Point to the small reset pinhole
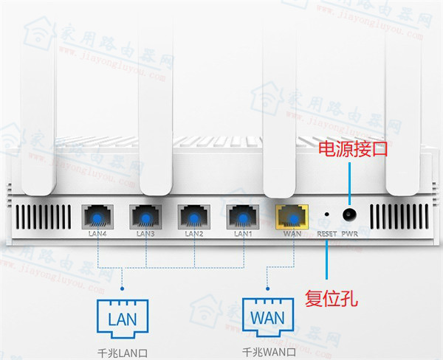[326, 215]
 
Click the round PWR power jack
[348, 215]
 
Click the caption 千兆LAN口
[123, 350]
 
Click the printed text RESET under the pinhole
[326, 234]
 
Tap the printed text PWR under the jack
[349, 234]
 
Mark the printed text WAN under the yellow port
[292, 235]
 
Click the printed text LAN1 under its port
[242, 235]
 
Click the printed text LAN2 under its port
[193, 235]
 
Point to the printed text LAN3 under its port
[145, 235]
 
